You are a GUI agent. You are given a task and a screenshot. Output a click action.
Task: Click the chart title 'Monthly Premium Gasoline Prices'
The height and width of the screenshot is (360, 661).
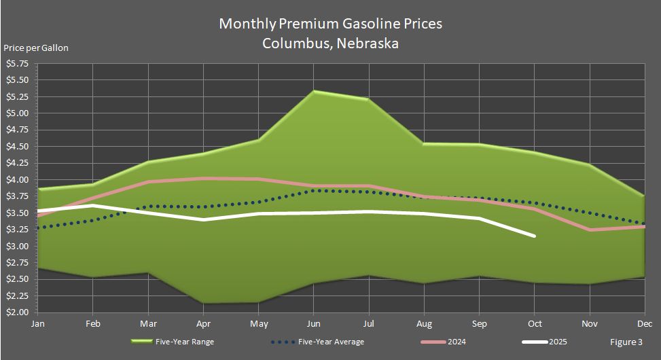pyautogui.click(x=330, y=24)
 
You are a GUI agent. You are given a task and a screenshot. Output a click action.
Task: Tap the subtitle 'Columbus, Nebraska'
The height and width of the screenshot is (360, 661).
pyautogui.click(x=330, y=43)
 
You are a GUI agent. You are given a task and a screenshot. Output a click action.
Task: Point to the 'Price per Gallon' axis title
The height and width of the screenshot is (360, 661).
pyautogui.click(x=36, y=48)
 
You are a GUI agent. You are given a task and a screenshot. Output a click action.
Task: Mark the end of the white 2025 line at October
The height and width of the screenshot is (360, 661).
pyautogui.click(x=535, y=236)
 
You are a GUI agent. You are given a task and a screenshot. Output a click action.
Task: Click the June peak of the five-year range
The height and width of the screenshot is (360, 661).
pyautogui.click(x=315, y=91)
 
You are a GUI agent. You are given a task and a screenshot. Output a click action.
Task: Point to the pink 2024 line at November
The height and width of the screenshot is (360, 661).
pyautogui.click(x=590, y=230)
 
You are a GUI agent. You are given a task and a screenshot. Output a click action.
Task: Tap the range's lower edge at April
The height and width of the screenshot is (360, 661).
pyautogui.click(x=204, y=303)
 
